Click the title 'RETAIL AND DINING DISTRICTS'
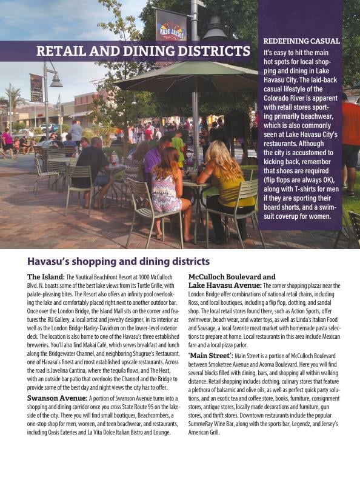[x=143, y=51]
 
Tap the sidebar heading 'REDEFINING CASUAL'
[x=301, y=41]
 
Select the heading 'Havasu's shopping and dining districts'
[x=118, y=262]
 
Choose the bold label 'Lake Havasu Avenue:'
[x=225, y=285]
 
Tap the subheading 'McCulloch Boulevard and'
[x=232, y=277]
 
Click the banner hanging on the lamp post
[x=171, y=25]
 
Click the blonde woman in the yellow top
[x=224, y=182]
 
